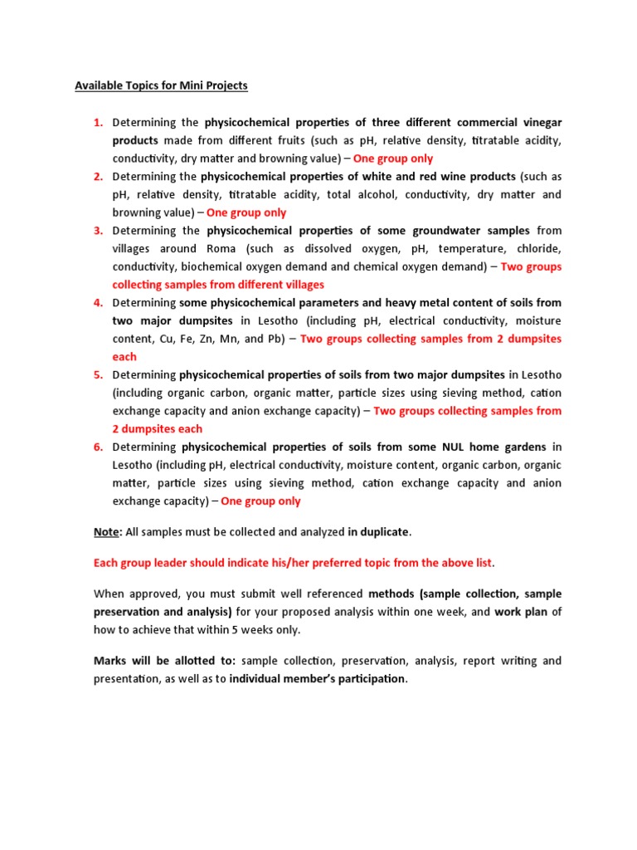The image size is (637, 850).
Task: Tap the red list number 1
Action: coord(97,122)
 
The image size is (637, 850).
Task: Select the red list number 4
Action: coord(97,303)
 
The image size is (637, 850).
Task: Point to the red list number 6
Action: coord(97,447)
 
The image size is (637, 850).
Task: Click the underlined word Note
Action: coord(105,531)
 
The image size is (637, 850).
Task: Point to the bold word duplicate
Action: coord(384,531)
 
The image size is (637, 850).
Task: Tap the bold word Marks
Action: coord(110,661)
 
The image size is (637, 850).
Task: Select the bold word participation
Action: coord(367,679)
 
